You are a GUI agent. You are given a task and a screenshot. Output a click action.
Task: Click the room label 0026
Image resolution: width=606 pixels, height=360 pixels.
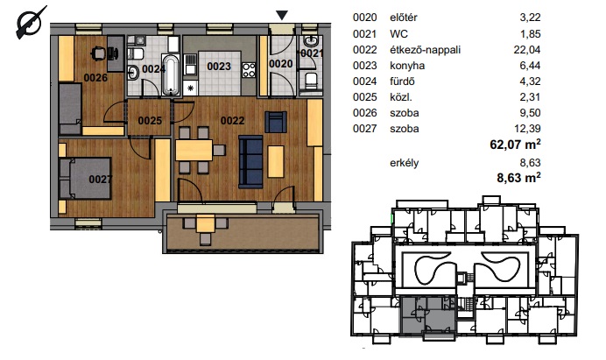click(x=95, y=78)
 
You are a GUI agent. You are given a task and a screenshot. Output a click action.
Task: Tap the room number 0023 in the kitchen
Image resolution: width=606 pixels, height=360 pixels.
click(x=219, y=67)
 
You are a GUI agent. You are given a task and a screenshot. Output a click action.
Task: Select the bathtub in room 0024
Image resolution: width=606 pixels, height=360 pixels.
click(x=171, y=75)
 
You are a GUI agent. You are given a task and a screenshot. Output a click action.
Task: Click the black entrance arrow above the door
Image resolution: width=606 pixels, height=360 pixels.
click(x=282, y=16)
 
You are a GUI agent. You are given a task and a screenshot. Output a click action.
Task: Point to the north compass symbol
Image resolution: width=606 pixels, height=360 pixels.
click(x=30, y=23)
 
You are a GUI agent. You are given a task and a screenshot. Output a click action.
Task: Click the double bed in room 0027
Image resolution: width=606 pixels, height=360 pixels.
click(x=86, y=179)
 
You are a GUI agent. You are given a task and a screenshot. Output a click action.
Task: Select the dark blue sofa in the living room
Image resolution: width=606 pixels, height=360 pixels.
click(x=250, y=162)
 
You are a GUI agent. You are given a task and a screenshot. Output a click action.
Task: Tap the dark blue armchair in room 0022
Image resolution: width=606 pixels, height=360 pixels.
click(x=276, y=122)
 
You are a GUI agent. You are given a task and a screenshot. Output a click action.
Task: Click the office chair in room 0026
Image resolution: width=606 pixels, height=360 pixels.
click(x=99, y=53)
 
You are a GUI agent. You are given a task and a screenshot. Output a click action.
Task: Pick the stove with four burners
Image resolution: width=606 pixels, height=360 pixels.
click(x=249, y=70)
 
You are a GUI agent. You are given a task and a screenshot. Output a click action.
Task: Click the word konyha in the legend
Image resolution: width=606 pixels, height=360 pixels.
click(x=407, y=66)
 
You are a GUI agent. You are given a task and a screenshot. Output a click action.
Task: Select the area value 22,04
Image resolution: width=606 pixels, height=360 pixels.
click(x=527, y=50)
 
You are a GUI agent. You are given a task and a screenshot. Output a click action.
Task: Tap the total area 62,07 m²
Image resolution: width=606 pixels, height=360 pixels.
click(x=515, y=145)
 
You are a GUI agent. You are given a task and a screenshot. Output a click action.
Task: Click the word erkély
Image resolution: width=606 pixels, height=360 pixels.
click(x=405, y=163)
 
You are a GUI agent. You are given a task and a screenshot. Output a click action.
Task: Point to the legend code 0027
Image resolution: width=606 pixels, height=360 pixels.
click(x=364, y=129)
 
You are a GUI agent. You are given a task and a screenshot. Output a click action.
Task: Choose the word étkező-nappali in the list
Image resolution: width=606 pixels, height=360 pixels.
click(x=425, y=50)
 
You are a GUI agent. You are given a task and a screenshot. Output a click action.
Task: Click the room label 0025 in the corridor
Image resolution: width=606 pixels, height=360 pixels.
click(x=150, y=121)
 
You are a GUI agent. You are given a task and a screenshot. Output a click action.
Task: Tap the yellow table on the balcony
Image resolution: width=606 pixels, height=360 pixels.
click(x=205, y=224)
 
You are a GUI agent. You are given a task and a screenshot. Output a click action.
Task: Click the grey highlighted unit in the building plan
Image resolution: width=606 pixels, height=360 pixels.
click(x=428, y=314)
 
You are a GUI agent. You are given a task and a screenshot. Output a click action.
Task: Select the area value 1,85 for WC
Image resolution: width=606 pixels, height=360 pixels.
click(x=531, y=34)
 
